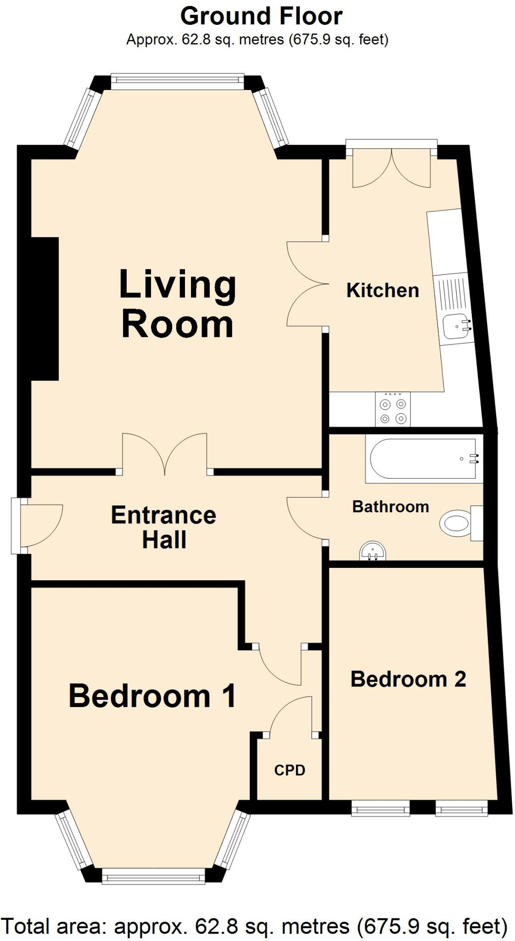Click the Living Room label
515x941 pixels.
click(x=177, y=305)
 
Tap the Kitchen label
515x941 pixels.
click(x=382, y=290)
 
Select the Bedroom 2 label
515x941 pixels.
click(x=408, y=679)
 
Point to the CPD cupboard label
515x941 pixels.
click(x=290, y=770)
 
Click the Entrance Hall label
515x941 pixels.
click(x=163, y=527)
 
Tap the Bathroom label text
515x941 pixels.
click(x=391, y=507)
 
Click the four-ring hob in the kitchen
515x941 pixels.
click(x=393, y=410)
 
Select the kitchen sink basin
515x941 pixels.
click(x=455, y=326)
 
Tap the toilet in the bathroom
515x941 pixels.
click(x=457, y=523)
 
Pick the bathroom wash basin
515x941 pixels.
click(x=372, y=551)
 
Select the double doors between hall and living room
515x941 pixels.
click(x=164, y=455)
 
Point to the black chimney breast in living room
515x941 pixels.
click(x=45, y=309)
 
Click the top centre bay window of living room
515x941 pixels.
click(x=177, y=81)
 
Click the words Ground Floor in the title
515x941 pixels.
click(x=261, y=17)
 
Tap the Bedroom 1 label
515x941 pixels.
click(x=152, y=696)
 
